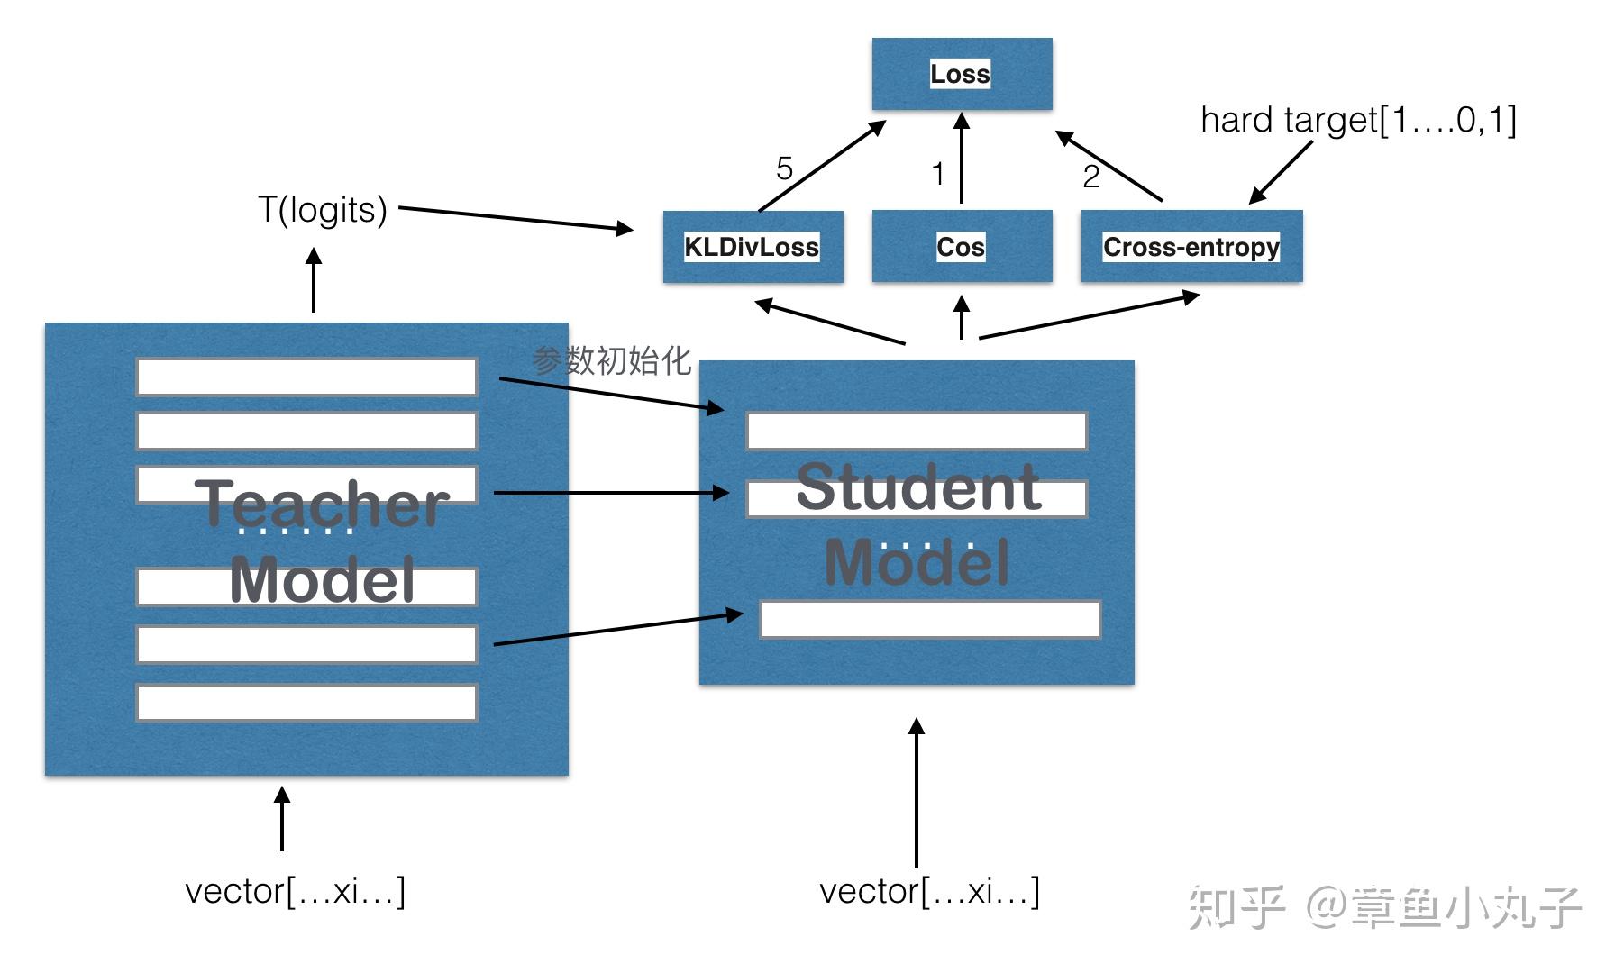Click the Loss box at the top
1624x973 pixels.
pyautogui.click(x=962, y=74)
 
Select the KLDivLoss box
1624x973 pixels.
pyautogui.click(x=753, y=247)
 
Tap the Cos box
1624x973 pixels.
pyautogui.click(x=962, y=246)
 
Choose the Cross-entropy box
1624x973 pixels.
pyautogui.click(x=1191, y=246)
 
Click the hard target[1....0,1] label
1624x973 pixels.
pyautogui.click(x=1358, y=120)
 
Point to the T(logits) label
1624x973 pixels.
pyautogui.click(x=323, y=210)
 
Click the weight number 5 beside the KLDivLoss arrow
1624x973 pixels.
pyautogui.click(x=784, y=168)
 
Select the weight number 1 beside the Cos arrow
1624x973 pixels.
pyautogui.click(x=938, y=174)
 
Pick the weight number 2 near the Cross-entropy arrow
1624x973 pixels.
pyautogui.click(x=1090, y=177)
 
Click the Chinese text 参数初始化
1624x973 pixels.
pyautogui.click(x=611, y=361)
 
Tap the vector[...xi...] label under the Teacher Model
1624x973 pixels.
pyautogui.click(x=295, y=891)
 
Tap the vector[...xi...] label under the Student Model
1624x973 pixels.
pyautogui.click(x=929, y=891)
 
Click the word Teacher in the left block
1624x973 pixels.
pyautogui.click(x=322, y=504)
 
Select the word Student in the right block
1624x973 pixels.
pyautogui.click(x=918, y=487)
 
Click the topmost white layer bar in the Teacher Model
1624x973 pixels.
pyautogui.click(x=306, y=377)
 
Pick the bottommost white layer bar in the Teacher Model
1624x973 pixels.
pyautogui.click(x=306, y=703)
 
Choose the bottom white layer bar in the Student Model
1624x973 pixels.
pyautogui.click(x=930, y=619)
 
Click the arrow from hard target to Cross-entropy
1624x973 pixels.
pyautogui.click(x=1281, y=172)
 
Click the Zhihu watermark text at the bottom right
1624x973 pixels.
pyautogui.click(x=1384, y=906)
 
